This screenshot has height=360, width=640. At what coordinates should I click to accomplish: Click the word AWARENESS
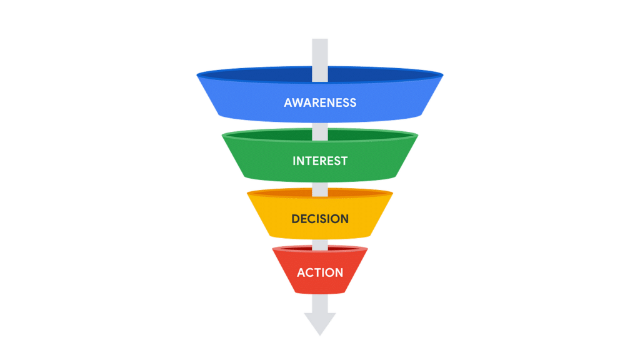coord(320,102)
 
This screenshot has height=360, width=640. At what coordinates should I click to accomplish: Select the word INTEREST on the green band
coord(320,161)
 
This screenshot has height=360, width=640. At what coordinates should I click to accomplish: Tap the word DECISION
coord(320,219)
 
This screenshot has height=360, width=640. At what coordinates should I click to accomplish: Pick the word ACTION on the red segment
coord(320,272)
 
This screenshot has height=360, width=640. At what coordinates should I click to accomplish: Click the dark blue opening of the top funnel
coord(262,74)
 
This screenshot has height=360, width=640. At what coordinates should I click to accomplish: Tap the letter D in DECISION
coord(295,219)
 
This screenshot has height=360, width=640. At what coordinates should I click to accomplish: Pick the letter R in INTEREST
coord(324,161)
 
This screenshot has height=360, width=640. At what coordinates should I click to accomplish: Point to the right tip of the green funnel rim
coord(417,135)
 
